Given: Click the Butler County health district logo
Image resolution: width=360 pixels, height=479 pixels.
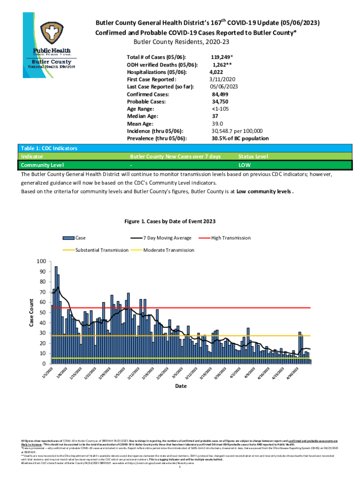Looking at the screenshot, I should pos(51,44).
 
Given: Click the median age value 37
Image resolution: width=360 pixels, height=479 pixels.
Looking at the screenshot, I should pos(215,116).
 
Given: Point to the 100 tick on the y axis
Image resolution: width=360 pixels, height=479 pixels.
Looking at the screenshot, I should pos(42,261).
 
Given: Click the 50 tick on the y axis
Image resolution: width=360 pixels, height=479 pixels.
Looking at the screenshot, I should pos(43,312).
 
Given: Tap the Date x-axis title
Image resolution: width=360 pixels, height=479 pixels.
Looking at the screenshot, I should pos(180,386).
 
